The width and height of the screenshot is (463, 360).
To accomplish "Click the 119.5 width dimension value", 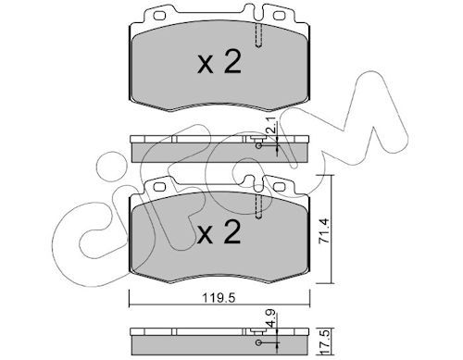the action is [219, 298].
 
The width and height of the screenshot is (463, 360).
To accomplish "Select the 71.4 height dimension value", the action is [324, 231].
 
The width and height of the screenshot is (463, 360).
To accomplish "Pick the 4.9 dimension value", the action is [271, 320].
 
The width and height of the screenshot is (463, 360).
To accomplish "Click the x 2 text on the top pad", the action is [219, 62].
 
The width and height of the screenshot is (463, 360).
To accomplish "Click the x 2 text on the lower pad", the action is [219, 232].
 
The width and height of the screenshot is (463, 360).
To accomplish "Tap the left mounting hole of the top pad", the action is [159, 15].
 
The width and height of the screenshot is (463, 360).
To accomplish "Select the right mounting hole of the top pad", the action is [279, 15].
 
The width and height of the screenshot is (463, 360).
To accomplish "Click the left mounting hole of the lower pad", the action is [159, 187].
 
